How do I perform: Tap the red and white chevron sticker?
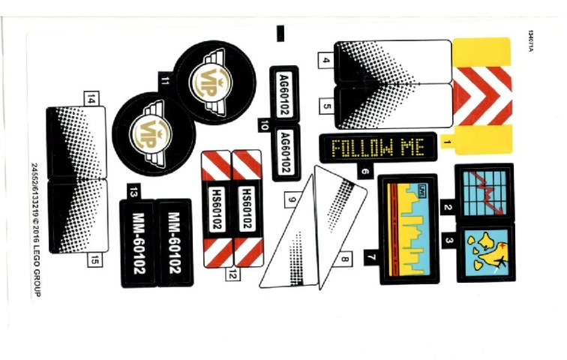[484, 93]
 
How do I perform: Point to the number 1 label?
[446, 141]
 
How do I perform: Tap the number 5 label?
[326, 106]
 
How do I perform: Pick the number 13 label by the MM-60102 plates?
[133, 192]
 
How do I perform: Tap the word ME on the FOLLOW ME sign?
[411, 147]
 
